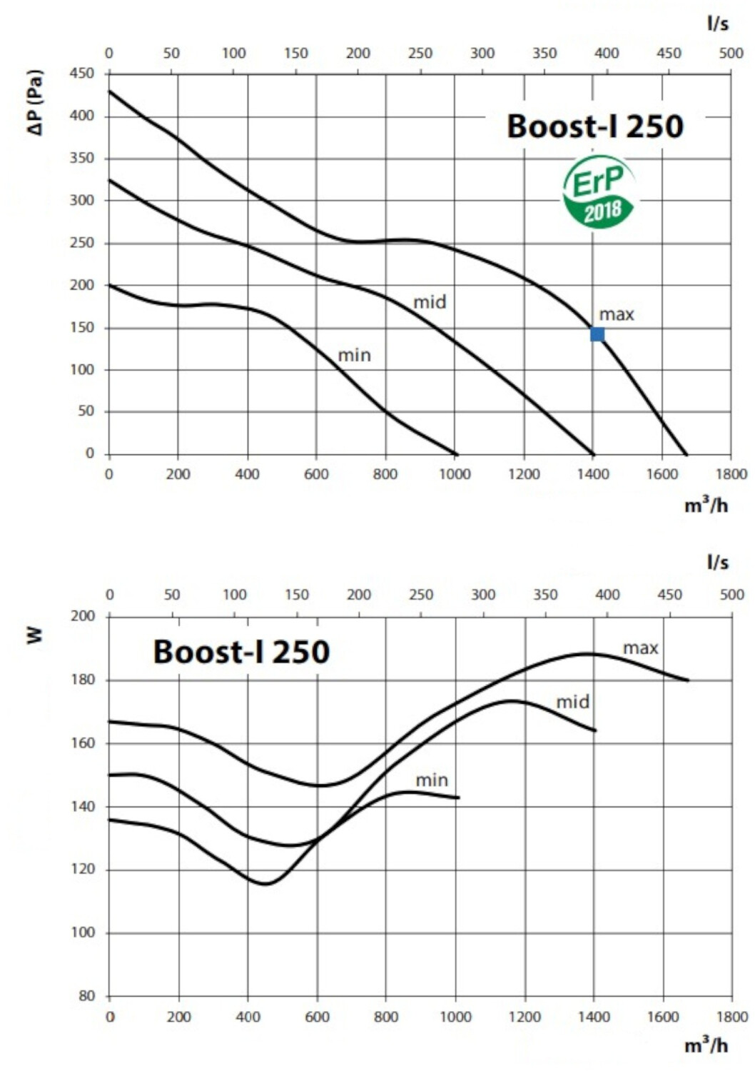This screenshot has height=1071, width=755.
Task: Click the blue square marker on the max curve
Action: [x=597, y=334]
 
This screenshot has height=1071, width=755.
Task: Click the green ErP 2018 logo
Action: [x=599, y=191]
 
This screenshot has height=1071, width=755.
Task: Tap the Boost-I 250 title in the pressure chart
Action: [x=595, y=126]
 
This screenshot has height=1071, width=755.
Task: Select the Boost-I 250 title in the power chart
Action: [x=241, y=651]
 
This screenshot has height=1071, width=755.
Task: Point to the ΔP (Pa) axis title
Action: [x=36, y=104]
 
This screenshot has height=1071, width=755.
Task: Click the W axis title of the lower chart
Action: [x=36, y=636]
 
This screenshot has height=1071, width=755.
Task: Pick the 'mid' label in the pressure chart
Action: [x=430, y=302]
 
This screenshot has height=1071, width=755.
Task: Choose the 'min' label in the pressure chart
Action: [x=354, y=356]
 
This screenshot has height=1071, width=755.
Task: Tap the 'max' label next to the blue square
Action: [x=617, y=315]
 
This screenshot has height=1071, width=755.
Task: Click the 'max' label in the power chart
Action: [x=640, y=648]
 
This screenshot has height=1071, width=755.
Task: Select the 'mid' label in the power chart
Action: [x=573, y=702]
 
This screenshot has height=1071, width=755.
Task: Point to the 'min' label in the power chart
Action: [x=432, y=780]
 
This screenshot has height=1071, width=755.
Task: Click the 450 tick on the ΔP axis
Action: [x=82, y=74]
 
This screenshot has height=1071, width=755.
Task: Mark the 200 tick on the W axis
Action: [x=83, y=615]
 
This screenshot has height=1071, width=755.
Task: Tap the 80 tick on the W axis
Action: [x=86, y=997]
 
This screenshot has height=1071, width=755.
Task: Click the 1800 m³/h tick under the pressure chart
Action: [x=731, y=474]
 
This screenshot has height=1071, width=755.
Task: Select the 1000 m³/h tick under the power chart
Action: [x=455, y=1017]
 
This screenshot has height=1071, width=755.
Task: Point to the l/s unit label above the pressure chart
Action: [x=718, y=23]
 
